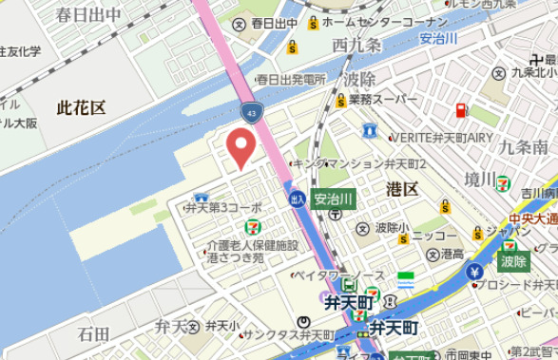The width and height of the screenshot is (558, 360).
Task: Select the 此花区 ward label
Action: pos(81,107)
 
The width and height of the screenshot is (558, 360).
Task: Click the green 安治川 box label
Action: pos(334,199)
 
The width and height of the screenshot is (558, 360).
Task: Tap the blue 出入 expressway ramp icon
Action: pos(298,199)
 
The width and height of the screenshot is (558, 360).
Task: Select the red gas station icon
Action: pos(461,110)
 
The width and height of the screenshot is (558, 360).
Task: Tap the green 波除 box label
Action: pos(513,260)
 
